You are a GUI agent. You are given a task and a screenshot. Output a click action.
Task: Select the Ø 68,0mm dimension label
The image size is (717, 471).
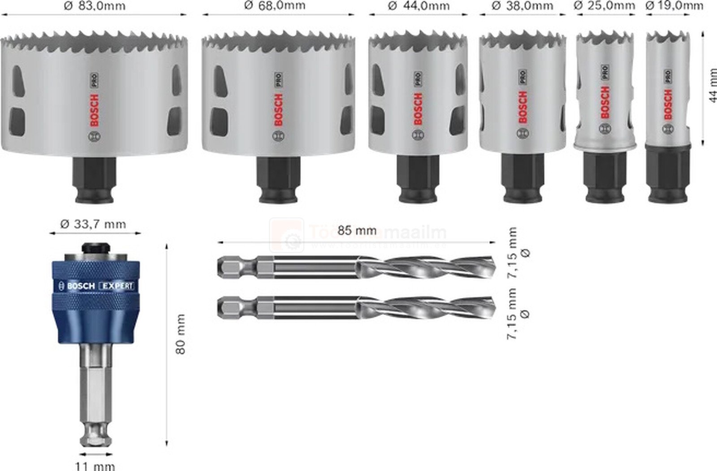pyautogui.click(x=275, y=5)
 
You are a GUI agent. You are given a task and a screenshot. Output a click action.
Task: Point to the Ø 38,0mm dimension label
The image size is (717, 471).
pyautogui.click(x=522, y=6)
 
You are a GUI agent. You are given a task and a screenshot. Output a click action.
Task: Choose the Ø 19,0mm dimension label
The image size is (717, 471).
pyautogui.click(x=674, y=5)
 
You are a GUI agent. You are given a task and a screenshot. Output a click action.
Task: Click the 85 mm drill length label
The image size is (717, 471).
pyautogui.click(x=357, y=230)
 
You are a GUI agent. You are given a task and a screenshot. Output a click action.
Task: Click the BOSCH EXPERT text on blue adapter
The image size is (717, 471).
pyautogui.click(x=96, y=286)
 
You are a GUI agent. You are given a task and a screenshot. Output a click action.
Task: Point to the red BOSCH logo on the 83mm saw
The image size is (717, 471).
pyautogui.click(x=94, y=110)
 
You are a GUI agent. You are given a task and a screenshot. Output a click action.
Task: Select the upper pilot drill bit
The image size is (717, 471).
pyautogui.click(x=356, y=267)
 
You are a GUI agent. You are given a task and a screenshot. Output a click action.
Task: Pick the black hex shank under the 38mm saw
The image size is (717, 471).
pyautogui.click(x=523, y=177)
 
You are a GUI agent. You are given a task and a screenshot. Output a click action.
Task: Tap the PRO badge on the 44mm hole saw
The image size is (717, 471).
pyautogui.click(x=418, y=79)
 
